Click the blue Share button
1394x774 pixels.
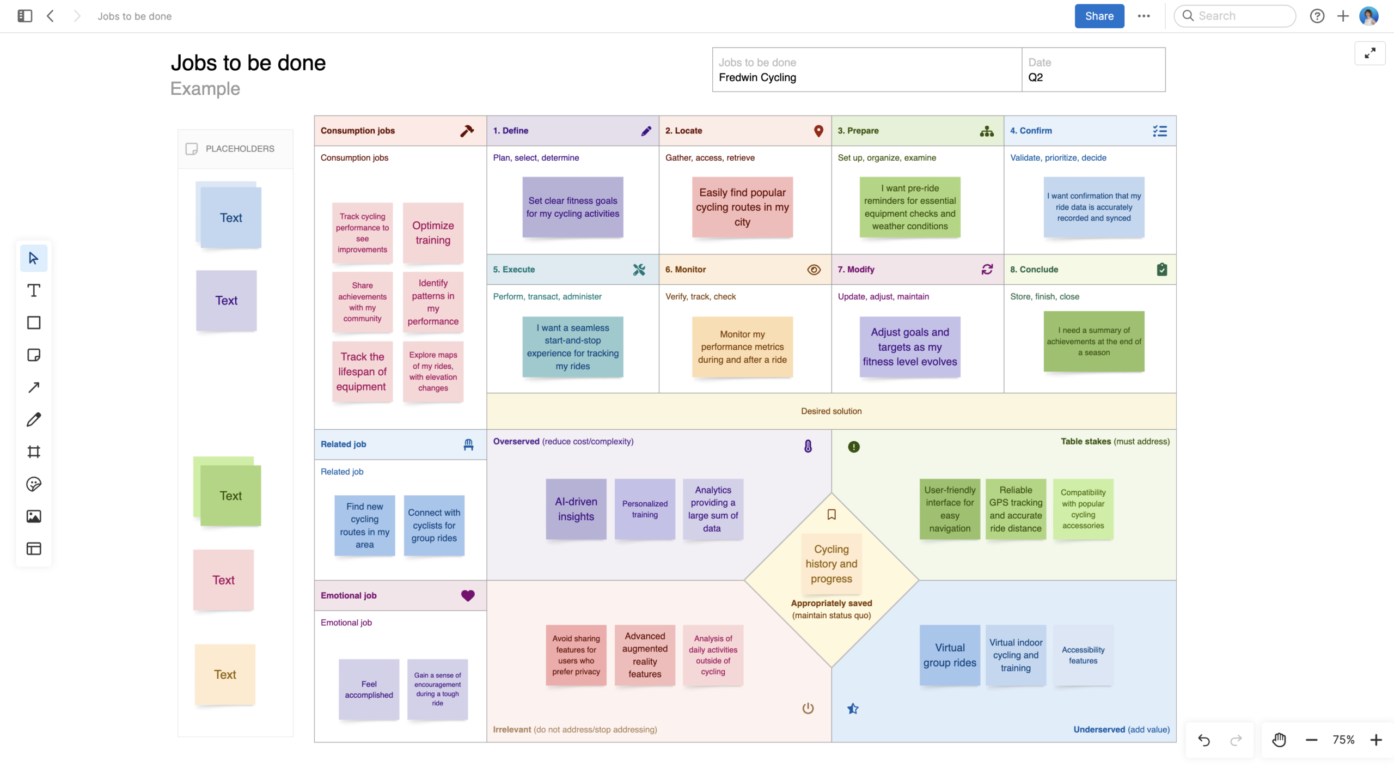pyautogui.click(x=1098, y=16)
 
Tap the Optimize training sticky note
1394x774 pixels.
pyautogui.click(x=433, y=233)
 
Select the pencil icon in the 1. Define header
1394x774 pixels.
pyautogui.click(x=646, y=131)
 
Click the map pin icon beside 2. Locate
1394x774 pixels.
pyautogui.click(x=818, y=131)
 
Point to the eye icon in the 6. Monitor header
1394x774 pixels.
pyautogui.click(x=814, y=270)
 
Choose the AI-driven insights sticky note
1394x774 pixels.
pyautogui.click(x=576, y=509)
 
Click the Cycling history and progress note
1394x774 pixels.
pyautogui.click(x=831, y=564)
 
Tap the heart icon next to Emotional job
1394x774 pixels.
pyautogui.click(x=468, y=596)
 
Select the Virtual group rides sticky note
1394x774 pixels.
pyautogui.click(x=949, y=655)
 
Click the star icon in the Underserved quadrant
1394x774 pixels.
pyautogui.click(x=853, y=709)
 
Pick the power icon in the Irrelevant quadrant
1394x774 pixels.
pyautogui.click(x=808, y=709)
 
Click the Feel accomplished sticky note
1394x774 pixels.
pyautogui.click(x=369, y=690)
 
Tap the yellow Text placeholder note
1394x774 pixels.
pyautogui.click(x=225, y=675)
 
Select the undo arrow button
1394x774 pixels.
pyautogui.click(x=1204, y=740)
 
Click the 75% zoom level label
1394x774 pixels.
pyautogui.click(x=1343, y=740)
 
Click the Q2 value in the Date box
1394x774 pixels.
pyautogui.click(x=1035, y=77)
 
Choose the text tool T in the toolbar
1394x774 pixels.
pyautogui.click(x=34, y=291)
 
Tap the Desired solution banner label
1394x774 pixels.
pyautogui.click(x=831, y=411)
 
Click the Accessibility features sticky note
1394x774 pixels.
pyautogui.click(x=1083, y=655)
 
